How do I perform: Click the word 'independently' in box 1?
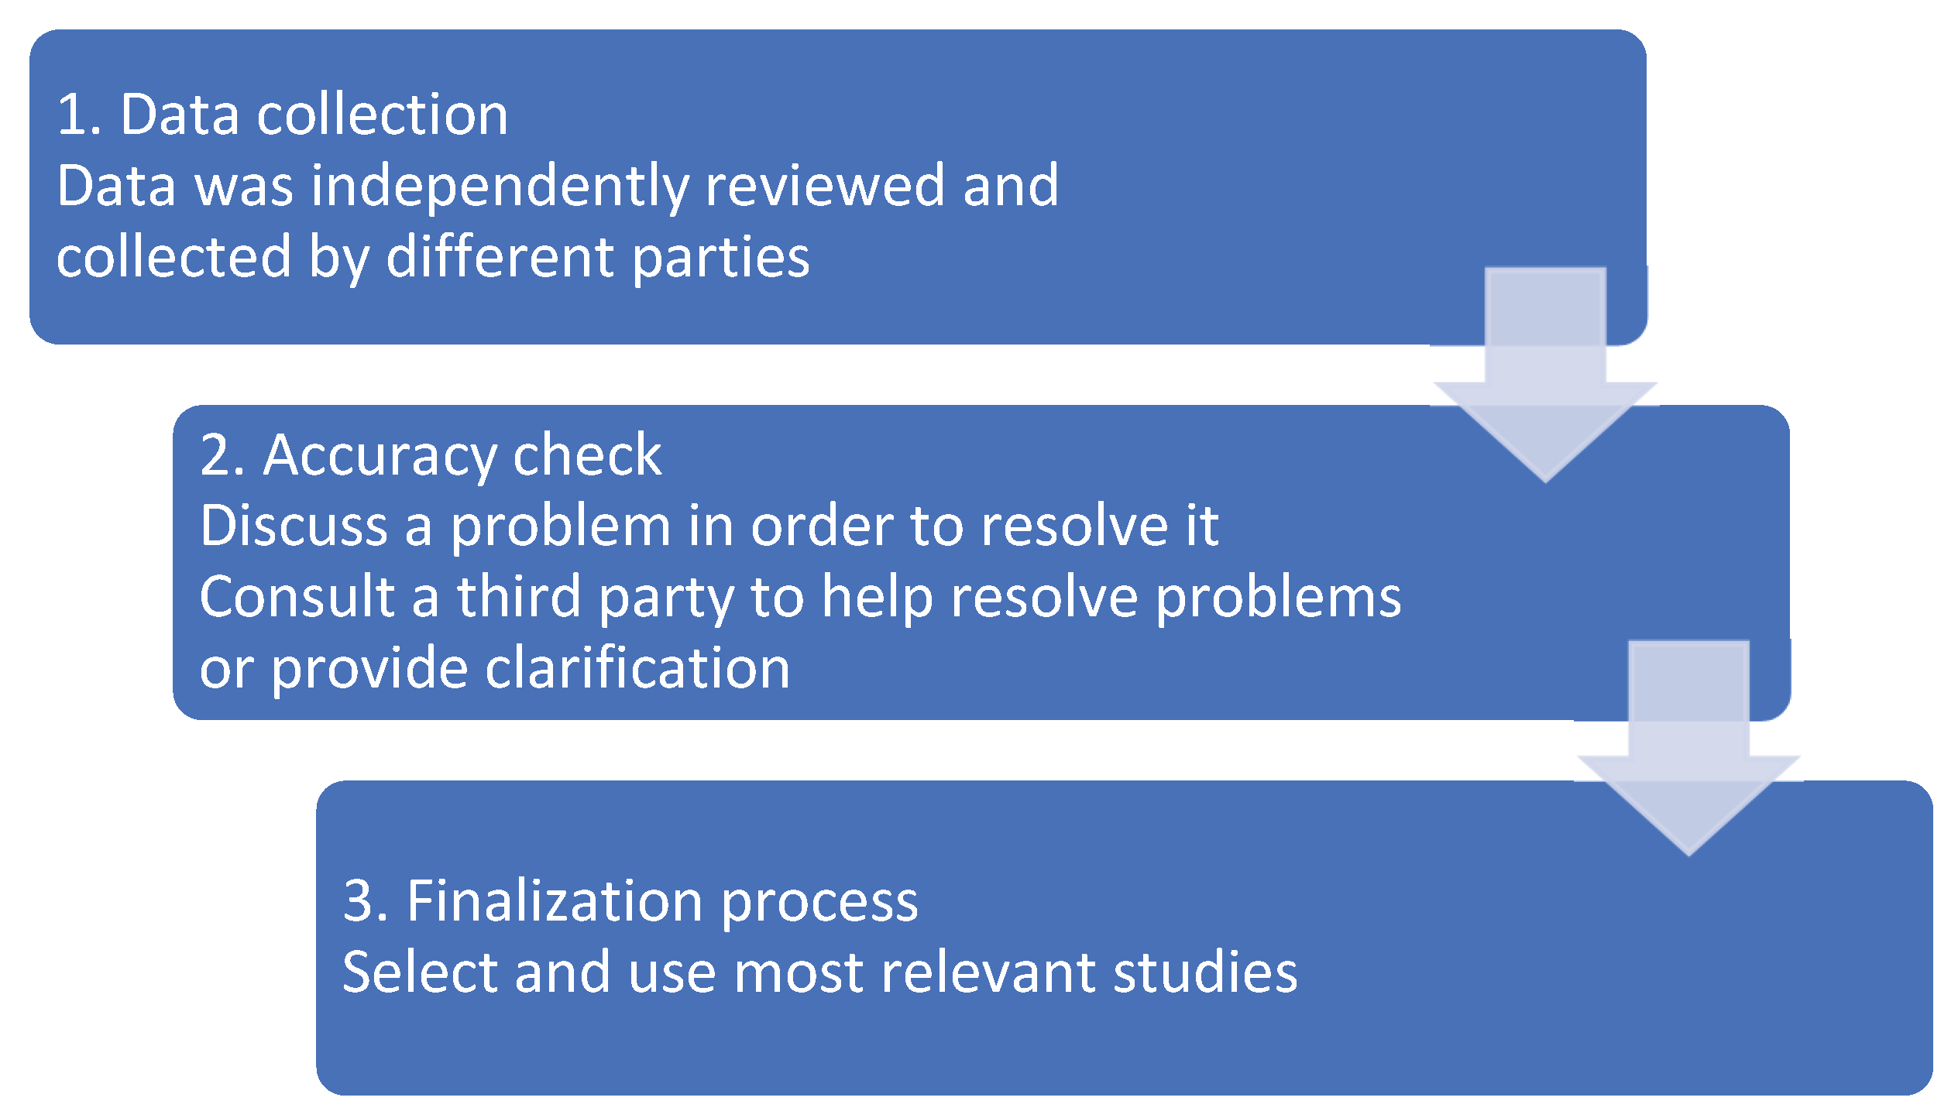point(500,186)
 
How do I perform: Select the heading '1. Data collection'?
point(282,115)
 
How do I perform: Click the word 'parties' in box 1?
point(720,257)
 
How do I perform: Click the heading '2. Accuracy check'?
point(431,455)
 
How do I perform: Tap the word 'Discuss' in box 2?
point(294,526)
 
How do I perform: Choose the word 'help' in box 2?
point(877,598)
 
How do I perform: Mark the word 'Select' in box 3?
point(419,972)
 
